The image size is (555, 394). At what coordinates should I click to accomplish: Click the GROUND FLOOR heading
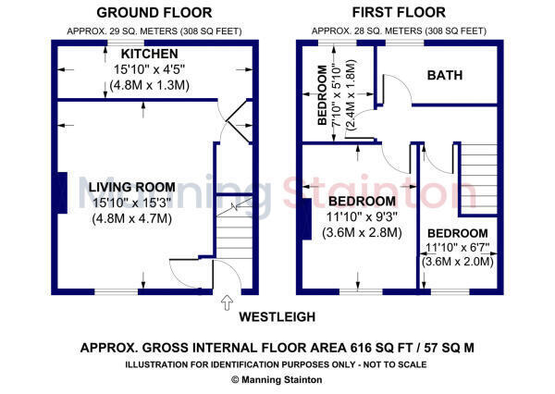click(154, 13)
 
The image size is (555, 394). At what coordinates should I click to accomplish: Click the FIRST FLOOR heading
click(398, 13)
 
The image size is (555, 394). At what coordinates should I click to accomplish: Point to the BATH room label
click(445, 75)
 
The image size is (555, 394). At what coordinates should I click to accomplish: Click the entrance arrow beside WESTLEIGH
click(225, 301)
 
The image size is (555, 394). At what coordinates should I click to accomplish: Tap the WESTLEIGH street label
click(277, 316)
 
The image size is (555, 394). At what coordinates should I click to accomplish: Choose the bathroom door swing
click(396, 90)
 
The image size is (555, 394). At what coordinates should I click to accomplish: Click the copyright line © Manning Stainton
click(277, 379)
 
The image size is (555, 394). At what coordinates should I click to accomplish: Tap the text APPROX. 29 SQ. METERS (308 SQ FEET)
click(154, 31)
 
